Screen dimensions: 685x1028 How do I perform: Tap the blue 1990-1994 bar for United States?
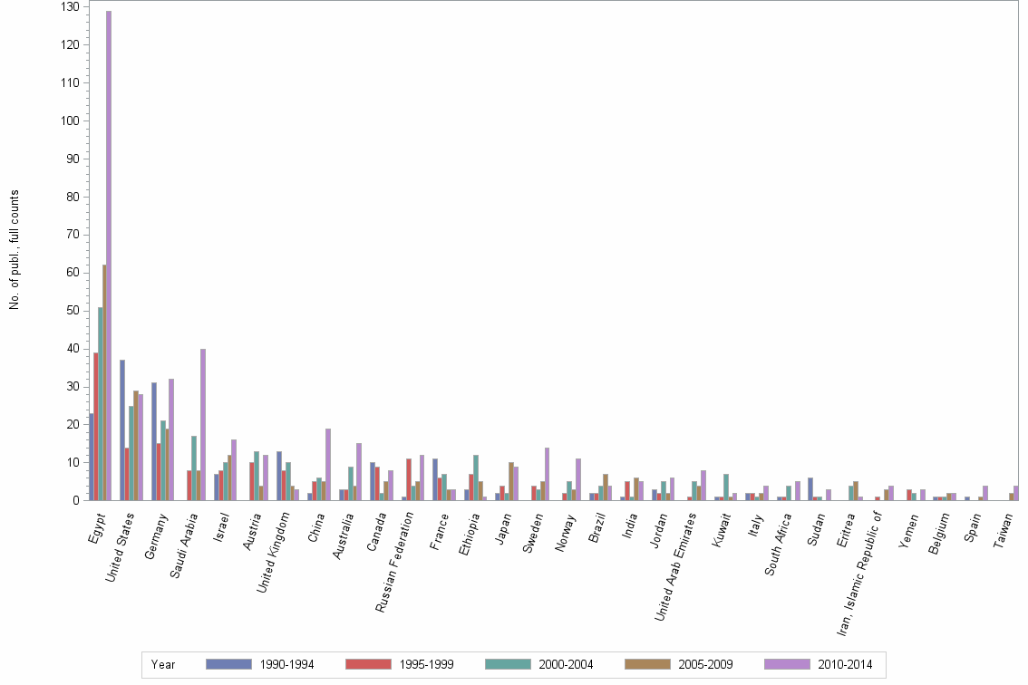[x=122, y=429]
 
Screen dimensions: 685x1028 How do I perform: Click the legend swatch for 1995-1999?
[x=369, y=664]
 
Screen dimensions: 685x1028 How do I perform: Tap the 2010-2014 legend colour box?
[x=787, y=664]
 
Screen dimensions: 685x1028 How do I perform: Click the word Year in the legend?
[x=163, y=665]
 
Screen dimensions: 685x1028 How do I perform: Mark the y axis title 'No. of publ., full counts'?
[x=15, y=249]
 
